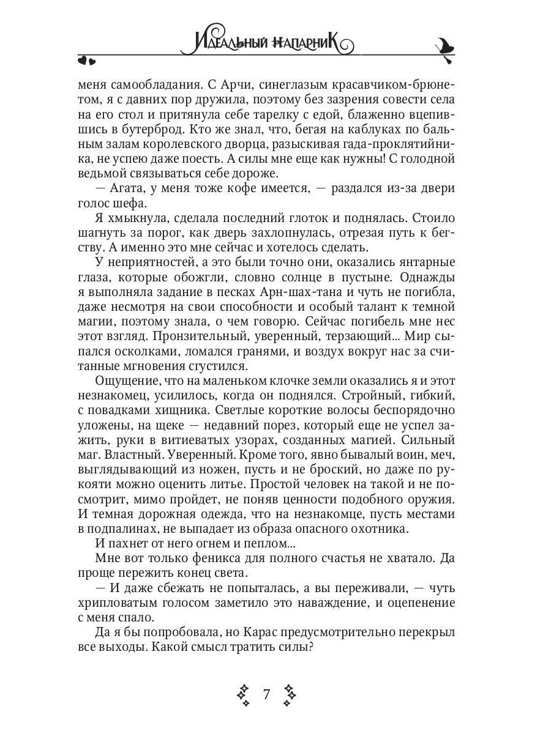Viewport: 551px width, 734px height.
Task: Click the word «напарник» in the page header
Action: [306, 44]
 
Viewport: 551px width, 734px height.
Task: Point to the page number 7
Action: [266, 694]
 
